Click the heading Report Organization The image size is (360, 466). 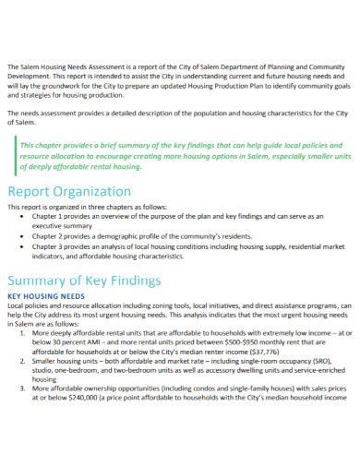pos(68,192)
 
